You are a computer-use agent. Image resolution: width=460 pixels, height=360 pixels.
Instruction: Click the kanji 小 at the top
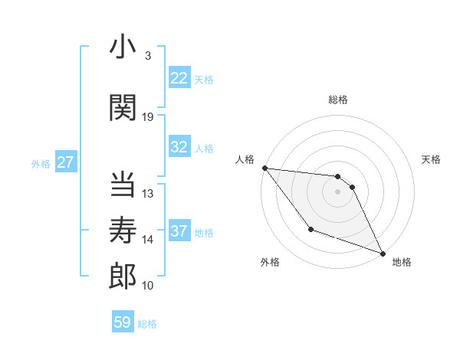click(x=123, y=48)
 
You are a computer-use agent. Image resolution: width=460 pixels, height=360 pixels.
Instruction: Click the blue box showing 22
click(x=179, y=78)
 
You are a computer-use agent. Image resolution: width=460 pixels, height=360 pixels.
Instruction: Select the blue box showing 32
click(x=179, y=147)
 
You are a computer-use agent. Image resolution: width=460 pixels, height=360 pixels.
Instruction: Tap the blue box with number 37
click(x=179, y=231)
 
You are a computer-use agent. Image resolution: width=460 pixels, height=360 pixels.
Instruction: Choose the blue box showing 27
click(x=66, y=162)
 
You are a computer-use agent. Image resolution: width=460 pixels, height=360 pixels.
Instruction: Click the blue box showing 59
click(x=123, y=322)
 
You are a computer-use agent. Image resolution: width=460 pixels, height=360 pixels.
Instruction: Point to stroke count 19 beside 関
click(x=148, y=117)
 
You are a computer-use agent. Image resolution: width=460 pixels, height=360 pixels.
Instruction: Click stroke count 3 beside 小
click(x=147, y=56)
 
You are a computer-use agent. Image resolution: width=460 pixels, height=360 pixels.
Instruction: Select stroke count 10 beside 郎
click(x=148, y=286)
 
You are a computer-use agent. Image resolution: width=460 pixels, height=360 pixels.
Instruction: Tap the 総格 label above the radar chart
click(x=337, y=100)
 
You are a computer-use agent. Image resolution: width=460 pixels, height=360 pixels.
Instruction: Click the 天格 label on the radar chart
click(x=432, y=159)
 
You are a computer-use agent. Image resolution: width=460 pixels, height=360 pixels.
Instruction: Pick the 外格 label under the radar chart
click(x=270, y=263)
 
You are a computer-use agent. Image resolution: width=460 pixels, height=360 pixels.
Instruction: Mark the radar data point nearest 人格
click(x=264, y=168)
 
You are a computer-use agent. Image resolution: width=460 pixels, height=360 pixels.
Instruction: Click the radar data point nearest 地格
click(x=383, y=254)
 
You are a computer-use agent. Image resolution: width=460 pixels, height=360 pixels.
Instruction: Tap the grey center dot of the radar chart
click(x=337, y=191)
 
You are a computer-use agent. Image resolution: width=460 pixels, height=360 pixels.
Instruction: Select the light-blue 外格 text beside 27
click(x=41, y=163)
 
